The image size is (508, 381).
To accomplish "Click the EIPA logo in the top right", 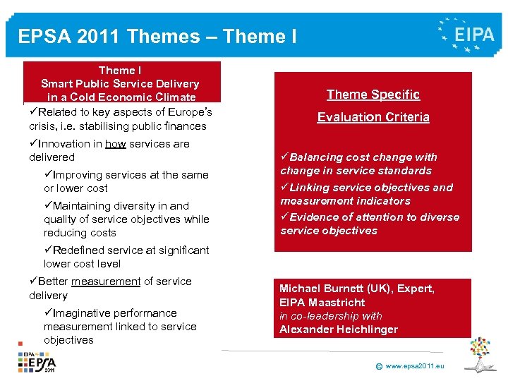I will (x=466, y=34).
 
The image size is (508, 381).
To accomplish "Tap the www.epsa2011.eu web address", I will (x=416, y=366).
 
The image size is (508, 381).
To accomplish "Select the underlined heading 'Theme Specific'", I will (x=373, y=95).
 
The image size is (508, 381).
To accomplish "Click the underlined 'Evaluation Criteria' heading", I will (x=373, y=117).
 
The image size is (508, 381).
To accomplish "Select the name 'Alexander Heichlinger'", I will (x=339, y=329).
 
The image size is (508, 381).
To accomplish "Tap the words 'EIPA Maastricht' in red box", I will (x=322, y=302).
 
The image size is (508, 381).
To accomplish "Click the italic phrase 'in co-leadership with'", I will (x=330, y=315).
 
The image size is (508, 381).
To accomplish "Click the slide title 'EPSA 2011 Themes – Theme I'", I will (x=157, y=37).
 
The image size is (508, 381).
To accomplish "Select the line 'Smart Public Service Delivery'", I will (x=120, y=84).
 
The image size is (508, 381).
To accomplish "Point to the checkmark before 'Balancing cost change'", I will (x=284, y=157).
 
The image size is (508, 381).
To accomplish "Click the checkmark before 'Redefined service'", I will (x=48, y=250).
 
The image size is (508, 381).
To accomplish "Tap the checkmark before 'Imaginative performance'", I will (x=48, y=313).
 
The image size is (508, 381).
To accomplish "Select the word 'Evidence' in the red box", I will (x=311, y=217).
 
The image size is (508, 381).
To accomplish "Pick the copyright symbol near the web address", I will (x=379, y=367).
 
